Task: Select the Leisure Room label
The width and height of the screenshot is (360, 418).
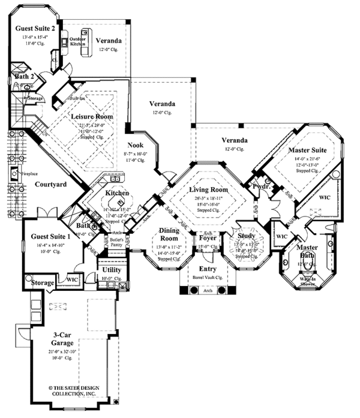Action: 92,116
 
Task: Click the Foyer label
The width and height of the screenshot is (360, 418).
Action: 207,238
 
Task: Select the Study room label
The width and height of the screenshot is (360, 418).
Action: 247,236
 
